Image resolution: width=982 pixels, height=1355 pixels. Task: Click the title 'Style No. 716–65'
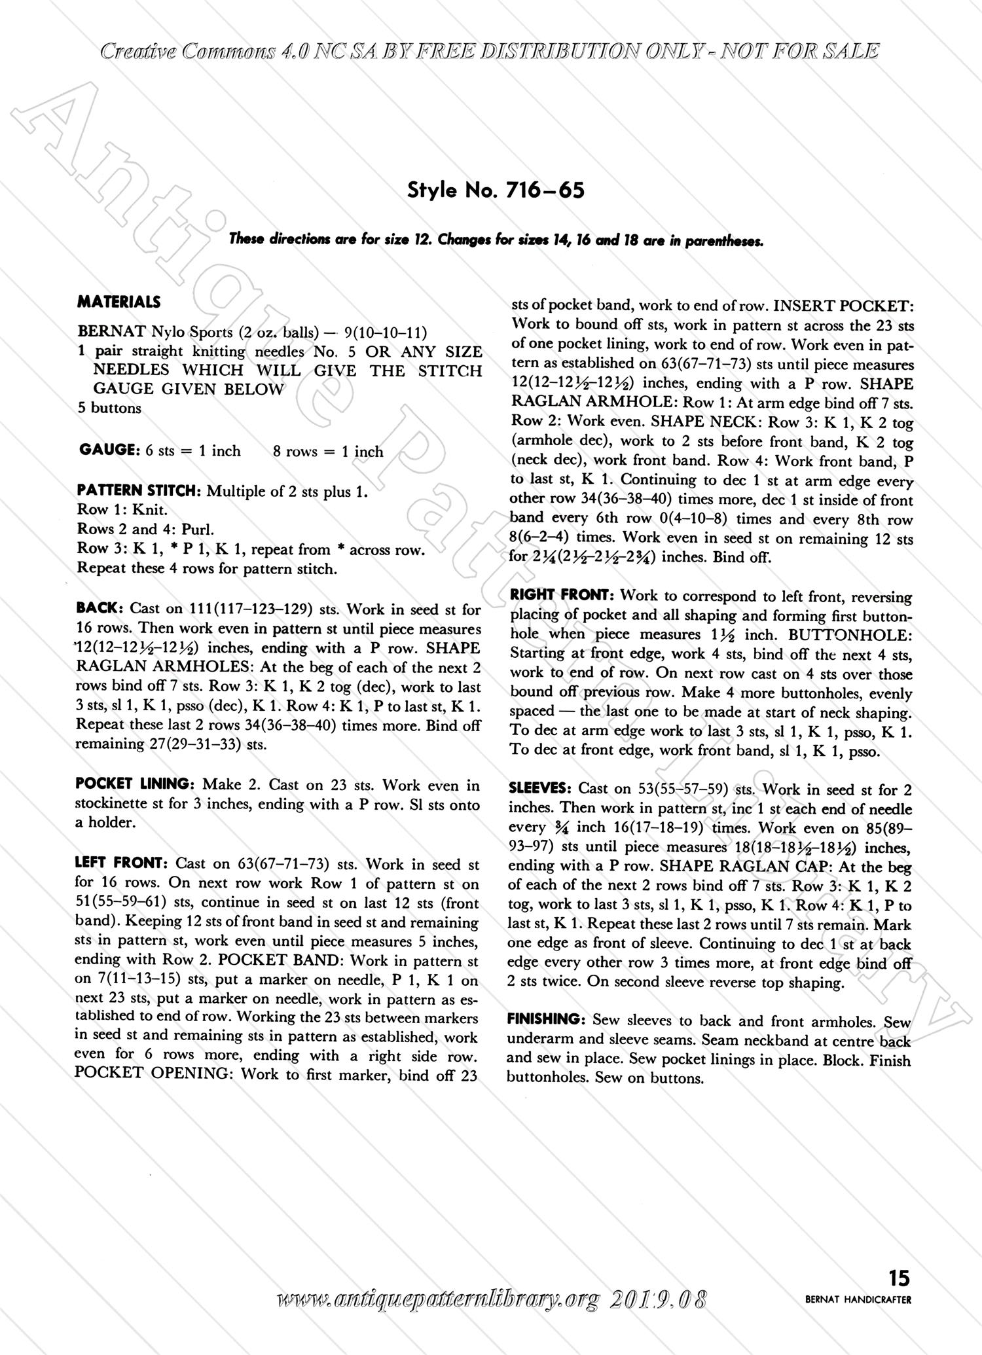(496, 190)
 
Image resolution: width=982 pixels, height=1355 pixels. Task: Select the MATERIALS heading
(118, 302)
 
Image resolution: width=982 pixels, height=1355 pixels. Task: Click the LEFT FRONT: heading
(122, 863)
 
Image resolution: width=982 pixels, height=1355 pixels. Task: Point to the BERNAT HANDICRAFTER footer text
(858, 1300)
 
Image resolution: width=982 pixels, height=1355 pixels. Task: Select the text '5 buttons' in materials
(109, 408)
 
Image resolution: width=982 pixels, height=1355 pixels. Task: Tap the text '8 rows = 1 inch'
(328, 451)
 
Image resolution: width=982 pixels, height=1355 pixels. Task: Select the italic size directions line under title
(496, 240)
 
